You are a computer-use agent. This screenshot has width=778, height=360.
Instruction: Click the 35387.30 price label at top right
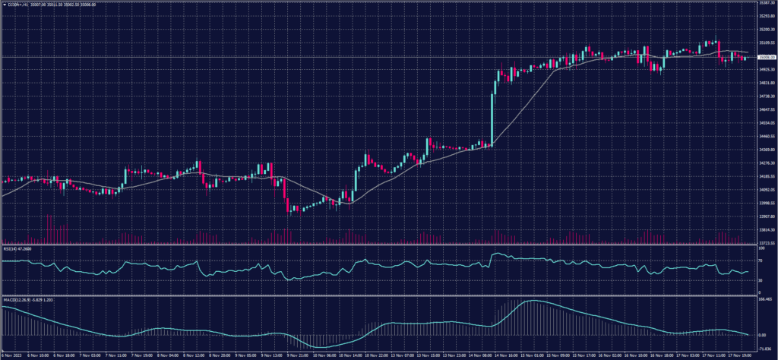pyautogui.click(x=766, y=3)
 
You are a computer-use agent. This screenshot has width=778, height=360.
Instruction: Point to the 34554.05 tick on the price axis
pyautogui.click(x=766, y=123)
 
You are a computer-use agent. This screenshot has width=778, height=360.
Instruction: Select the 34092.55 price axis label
pyautogui.click(x=766, y=190)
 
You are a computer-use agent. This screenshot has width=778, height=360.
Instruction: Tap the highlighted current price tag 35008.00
pyautogui.click(x=766, y=57)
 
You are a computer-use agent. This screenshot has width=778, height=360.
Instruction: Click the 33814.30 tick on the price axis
pyautogui.click(x=766, y=230)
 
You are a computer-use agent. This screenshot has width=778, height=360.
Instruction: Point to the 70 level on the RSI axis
pyautogui.click(x=761, y=261)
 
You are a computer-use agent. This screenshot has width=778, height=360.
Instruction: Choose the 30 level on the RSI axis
pyautogui.click(x=761, y=280)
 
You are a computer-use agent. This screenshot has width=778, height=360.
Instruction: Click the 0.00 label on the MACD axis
pyautogui.click(x=763, y=335)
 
